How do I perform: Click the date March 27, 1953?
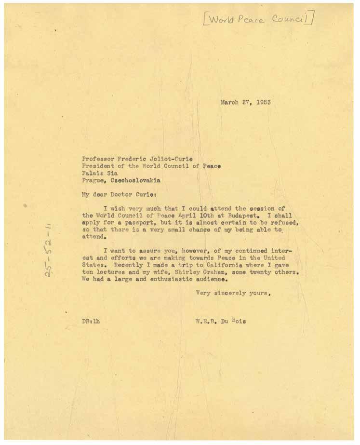(245, 102)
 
